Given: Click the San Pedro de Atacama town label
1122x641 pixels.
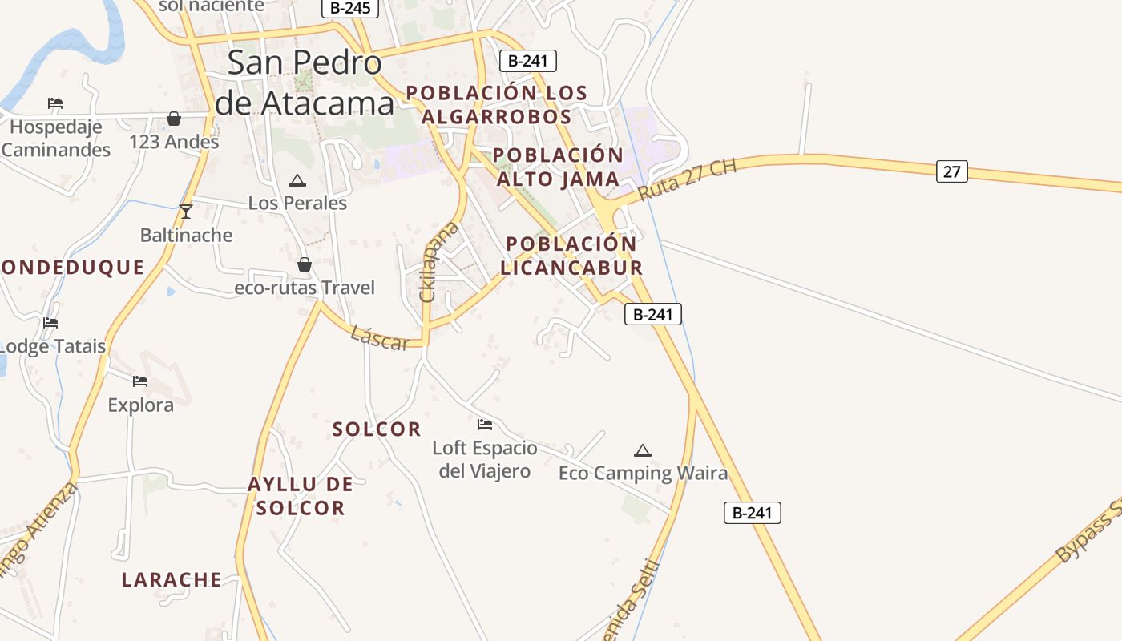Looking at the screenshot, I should tap(305, 83).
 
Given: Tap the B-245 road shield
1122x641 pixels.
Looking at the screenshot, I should tap(350, 8).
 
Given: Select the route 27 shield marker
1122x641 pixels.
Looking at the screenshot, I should tap(951, 171).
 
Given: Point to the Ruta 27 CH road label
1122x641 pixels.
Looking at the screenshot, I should tap(688, 180).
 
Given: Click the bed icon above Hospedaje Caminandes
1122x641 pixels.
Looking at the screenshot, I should tap(54, 103).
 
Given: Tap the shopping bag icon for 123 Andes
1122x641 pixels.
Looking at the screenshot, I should tap(174, 119).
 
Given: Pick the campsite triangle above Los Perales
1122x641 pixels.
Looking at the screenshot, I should tap(297, 180).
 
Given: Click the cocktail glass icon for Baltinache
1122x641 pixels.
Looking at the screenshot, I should tap(186, 212).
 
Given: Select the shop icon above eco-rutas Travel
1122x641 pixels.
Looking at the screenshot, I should tap(305, 264).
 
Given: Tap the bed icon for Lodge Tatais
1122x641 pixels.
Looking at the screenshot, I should tap(50, 323).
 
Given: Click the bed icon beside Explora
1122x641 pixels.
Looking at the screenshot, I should tap(140, 381).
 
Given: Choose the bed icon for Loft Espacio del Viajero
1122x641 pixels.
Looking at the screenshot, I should tap(484, 425).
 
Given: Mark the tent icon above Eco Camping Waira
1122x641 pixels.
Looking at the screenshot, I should tap(643, 450).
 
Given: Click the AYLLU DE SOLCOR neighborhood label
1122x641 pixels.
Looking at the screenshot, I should tap(301, 495).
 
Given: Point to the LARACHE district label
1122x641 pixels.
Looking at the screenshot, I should tap(172, 579).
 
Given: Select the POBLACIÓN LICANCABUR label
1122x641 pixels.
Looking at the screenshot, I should tap(572, 255).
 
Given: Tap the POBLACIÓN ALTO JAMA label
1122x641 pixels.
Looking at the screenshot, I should tap(558, 167).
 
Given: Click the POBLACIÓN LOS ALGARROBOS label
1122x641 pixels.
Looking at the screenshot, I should tap(497, 104).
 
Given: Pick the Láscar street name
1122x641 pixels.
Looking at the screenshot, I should tap(380, 337).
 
